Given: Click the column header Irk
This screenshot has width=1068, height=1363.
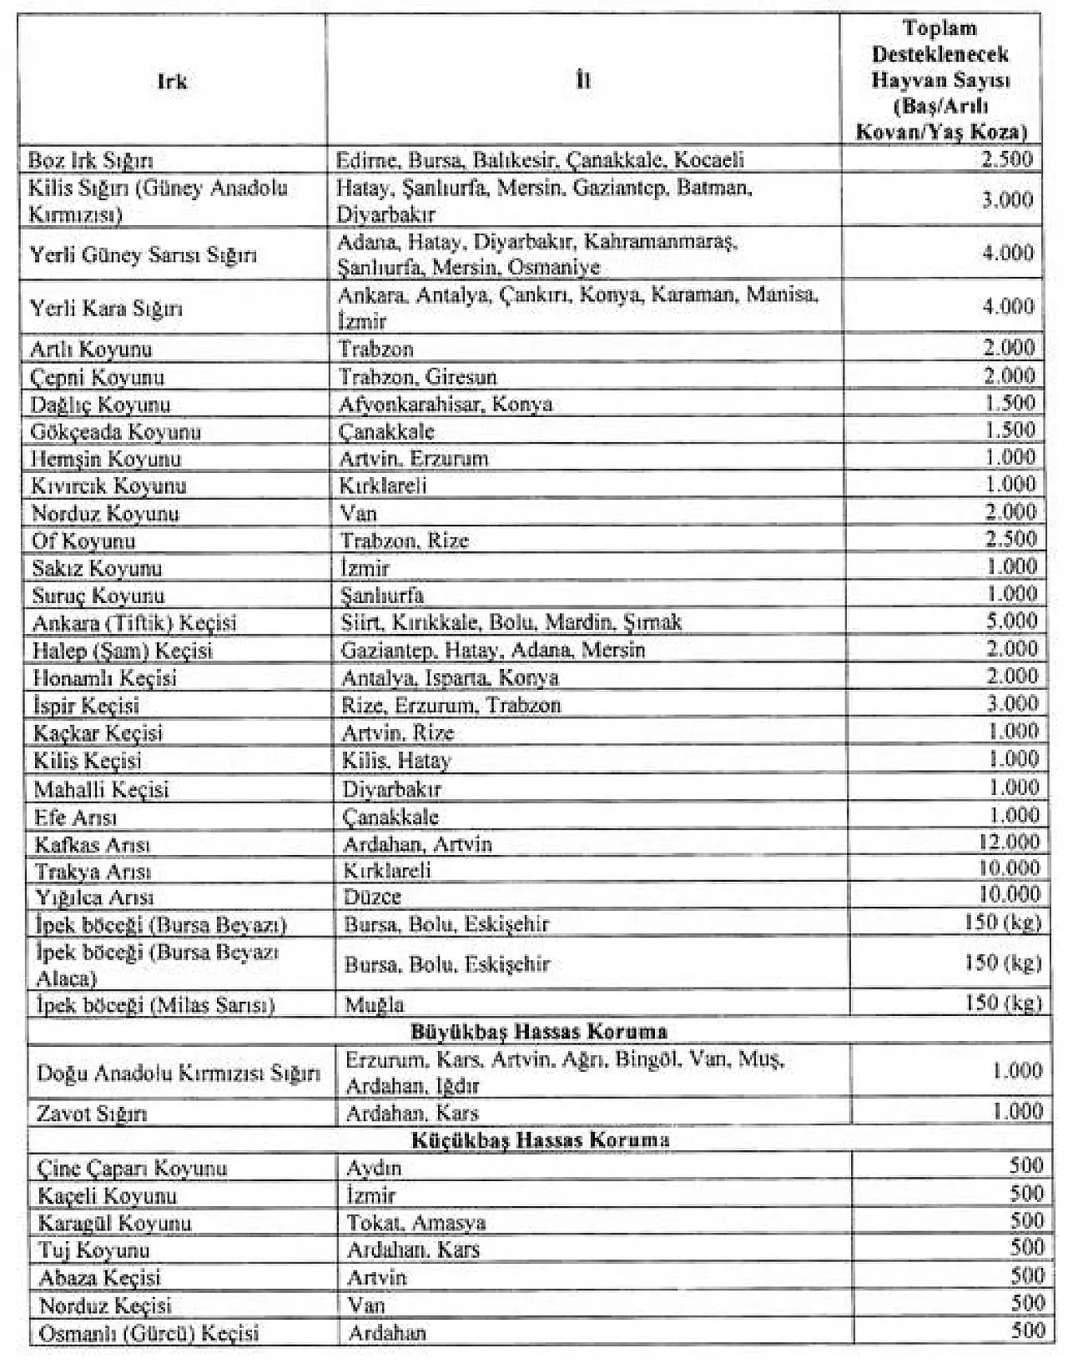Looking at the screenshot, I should point(172,82).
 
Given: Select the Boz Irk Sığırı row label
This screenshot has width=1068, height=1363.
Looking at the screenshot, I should point(91,160).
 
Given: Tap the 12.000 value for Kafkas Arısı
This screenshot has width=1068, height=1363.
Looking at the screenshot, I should point(1009,842).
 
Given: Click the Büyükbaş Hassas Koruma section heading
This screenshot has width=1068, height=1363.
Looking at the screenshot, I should point(539,1031).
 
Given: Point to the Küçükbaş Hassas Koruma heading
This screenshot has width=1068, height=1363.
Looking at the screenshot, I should point(541,1139).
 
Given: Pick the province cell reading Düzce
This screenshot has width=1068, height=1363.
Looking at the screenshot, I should point(372,897).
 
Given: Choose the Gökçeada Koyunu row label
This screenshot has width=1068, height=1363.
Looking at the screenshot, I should point(116,432).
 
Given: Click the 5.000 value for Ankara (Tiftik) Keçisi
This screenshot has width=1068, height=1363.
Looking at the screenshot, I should point(1010,621).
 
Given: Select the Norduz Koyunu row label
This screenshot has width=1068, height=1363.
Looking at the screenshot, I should point(105,513).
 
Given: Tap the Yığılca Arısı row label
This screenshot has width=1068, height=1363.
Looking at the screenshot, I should point(94,898).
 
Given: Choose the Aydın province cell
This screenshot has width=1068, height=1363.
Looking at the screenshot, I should point(374,1168).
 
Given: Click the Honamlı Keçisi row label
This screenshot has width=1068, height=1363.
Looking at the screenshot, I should point(105,677).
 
